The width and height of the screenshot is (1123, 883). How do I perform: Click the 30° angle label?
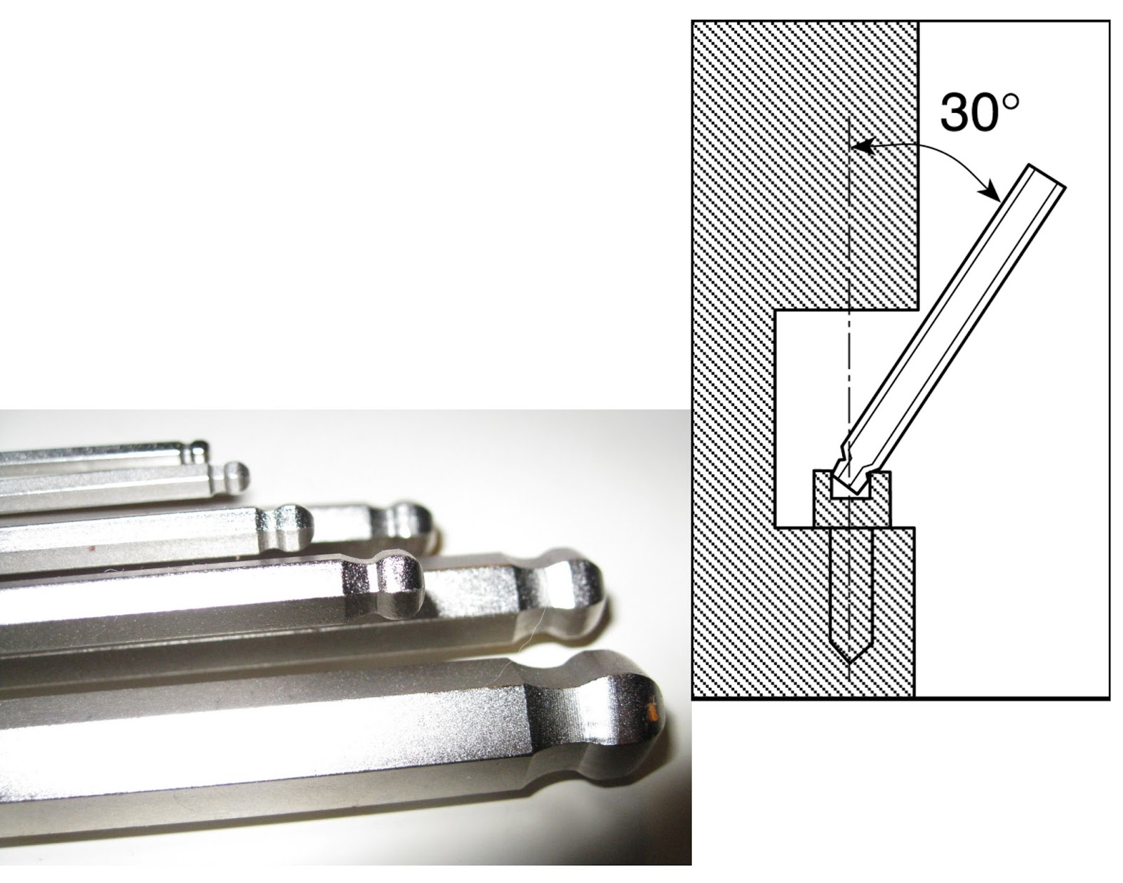tap(979, 112)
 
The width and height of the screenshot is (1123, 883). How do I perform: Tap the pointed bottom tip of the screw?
tap(850, 662)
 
